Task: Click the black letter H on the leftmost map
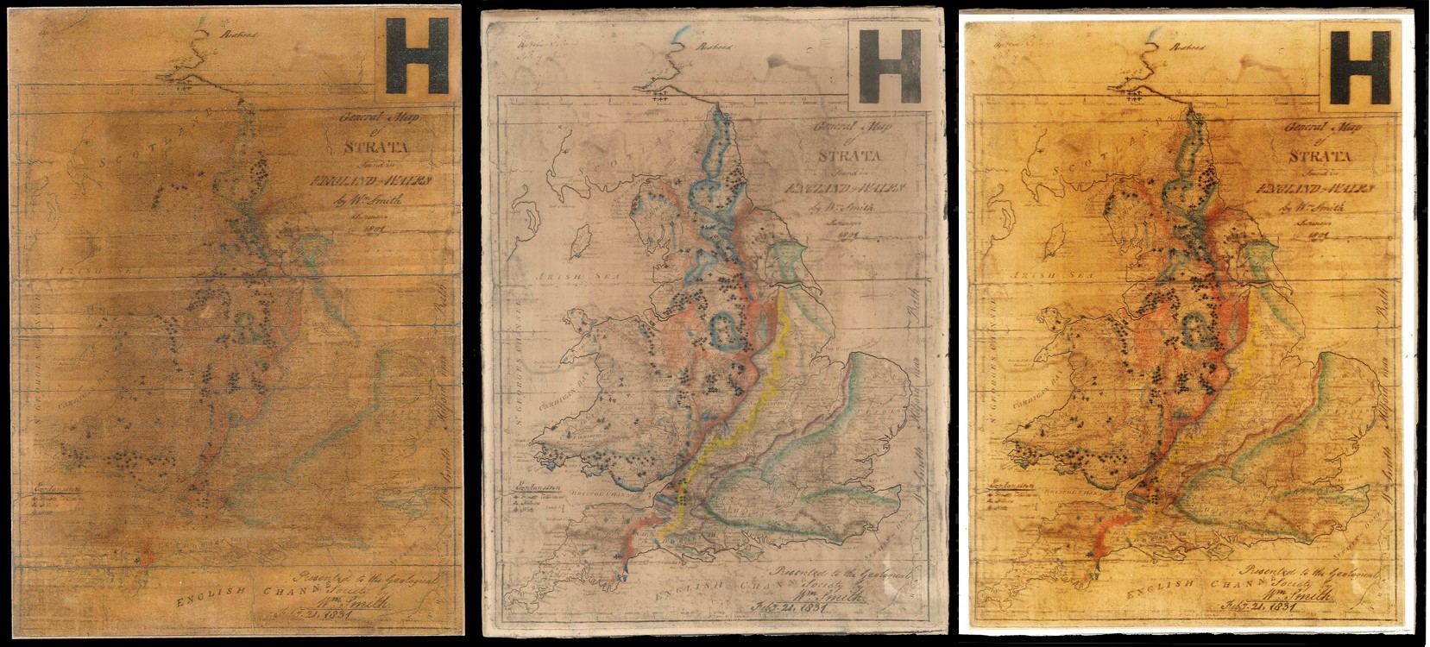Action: point(417,56)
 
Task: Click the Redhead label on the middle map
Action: point(715,47)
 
